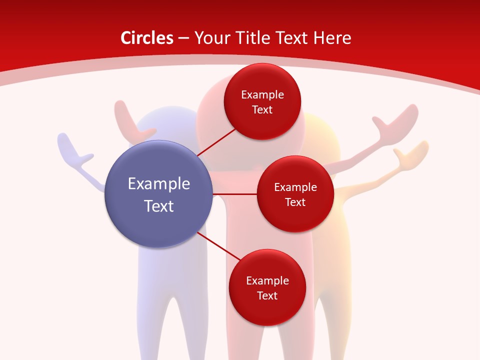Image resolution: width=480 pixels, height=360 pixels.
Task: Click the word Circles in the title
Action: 146,38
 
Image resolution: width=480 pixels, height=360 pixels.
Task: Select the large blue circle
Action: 159,194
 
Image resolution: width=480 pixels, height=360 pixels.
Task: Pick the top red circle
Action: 262,101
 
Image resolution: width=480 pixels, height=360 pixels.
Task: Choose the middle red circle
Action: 295,194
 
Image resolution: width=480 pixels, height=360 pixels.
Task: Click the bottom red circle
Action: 267,287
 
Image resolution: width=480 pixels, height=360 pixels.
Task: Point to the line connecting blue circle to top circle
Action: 216,142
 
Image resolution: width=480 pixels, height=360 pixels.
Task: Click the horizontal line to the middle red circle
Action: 235,194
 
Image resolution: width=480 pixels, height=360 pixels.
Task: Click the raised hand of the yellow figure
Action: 412,152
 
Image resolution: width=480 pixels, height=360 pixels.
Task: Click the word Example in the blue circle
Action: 159,183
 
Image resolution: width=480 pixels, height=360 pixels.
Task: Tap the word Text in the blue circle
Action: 159,206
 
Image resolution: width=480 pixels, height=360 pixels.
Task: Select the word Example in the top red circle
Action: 262,94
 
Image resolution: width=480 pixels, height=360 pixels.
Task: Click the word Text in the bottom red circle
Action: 267,295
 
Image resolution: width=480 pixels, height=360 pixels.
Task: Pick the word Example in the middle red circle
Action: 295,187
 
